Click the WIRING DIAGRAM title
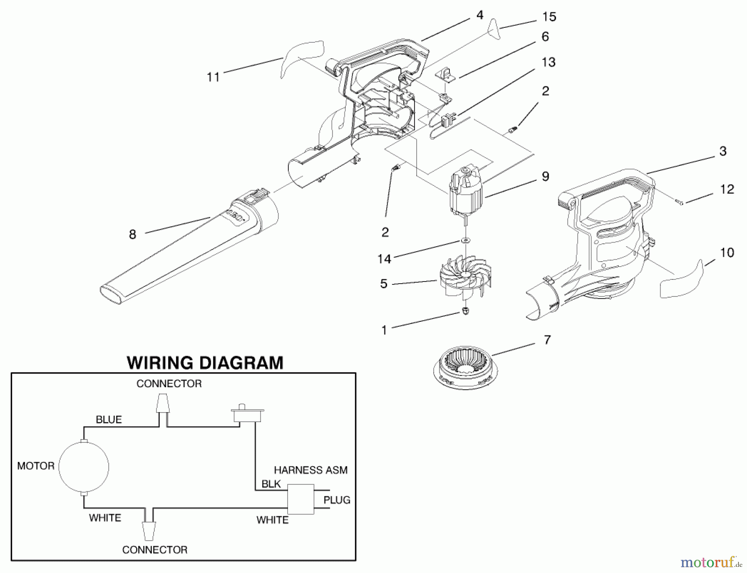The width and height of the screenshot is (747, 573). coord(205,362)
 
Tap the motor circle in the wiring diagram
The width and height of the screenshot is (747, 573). coord(84,467)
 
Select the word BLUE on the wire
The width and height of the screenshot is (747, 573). coord(109,420)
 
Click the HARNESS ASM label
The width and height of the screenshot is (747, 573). coord(310,470)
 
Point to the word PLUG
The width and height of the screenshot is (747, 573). coord(337,500)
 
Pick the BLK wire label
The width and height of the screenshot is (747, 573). coord(271,484)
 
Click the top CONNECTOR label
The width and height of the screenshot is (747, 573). coord(169,384)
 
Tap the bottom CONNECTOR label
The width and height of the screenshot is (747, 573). coord(155,550)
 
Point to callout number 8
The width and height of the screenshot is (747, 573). coord(132,235)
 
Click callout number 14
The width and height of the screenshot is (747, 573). coord(384,259)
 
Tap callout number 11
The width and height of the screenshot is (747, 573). coord(213,77)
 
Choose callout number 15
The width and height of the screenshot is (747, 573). coord(549,17)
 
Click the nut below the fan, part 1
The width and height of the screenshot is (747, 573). coord(466,311)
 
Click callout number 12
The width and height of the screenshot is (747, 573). coord(727,189)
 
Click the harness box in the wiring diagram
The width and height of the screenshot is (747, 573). coord(301,499)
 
